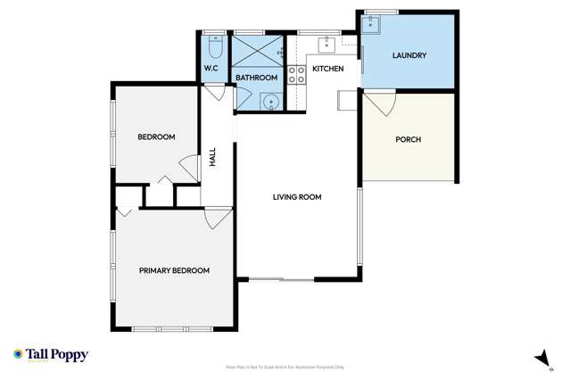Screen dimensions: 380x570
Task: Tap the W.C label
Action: coord(212,69)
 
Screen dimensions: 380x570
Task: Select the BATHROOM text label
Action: coord(257,78)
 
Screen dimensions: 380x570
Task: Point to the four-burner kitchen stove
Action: coord(297,74)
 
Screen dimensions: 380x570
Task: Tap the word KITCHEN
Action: coord(328,69)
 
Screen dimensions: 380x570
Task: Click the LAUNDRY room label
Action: coord(409,55)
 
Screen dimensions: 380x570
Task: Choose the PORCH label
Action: coord(408,139)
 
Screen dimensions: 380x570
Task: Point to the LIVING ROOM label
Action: coord(297,197)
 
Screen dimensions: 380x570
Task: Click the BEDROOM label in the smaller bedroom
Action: coord(156,136)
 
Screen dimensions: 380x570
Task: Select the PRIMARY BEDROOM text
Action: coord(174,270)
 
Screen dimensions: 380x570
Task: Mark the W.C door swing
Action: coord(214,93)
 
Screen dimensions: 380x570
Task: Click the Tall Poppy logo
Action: coord(51,354)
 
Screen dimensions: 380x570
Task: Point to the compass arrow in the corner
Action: coord(539,357)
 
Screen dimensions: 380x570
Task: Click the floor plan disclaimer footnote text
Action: coord(285,367)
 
